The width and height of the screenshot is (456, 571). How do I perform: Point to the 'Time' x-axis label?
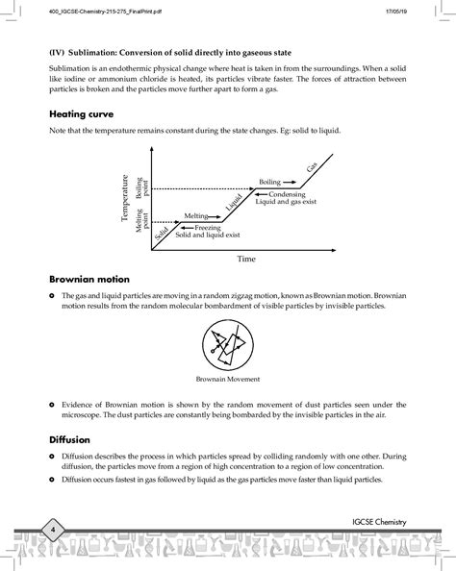(x=246, y=259)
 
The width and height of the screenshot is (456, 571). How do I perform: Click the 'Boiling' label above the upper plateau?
(x=268, y=181)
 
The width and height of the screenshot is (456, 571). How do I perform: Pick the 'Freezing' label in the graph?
(x=207, y=228)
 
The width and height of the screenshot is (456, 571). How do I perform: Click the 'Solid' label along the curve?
(x=163, y=232)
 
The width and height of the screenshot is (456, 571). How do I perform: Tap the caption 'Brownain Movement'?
(x=228, y=379)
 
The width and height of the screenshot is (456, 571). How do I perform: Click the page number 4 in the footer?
(x=54, y=530)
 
